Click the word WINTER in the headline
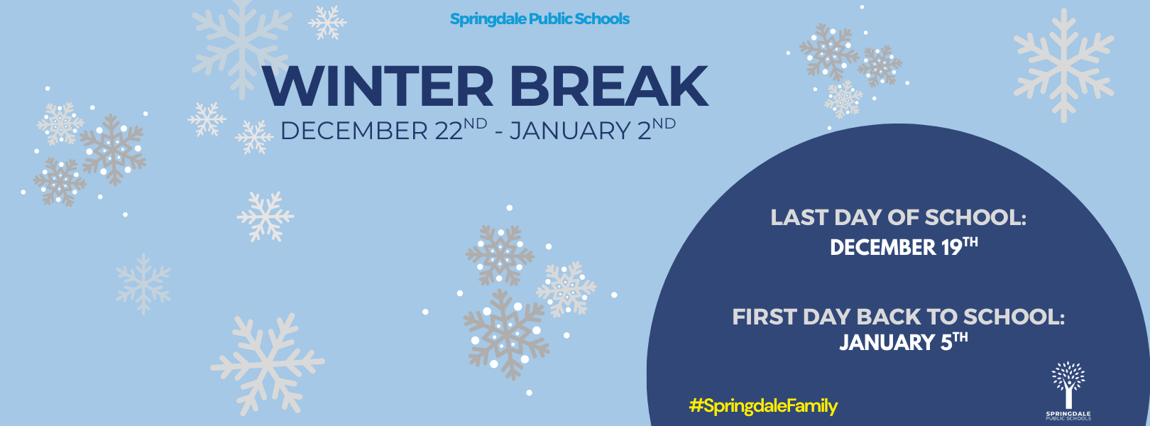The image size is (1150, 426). coord(378,86)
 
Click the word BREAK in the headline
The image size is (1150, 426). coord(609,86)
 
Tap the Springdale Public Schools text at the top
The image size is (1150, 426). coord(540,19)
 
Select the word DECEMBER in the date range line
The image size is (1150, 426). coord(354,131)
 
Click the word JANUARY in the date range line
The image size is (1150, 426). coord(570,131)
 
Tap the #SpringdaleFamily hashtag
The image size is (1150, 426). coord(763,406)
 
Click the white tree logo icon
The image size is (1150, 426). coord(1068,384)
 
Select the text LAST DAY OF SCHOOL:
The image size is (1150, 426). coord(898,218)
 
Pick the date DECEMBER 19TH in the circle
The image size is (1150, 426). coord(904,246)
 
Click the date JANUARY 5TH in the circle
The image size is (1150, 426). coord(904,342)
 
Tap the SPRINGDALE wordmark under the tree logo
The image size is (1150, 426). coord(1068,414)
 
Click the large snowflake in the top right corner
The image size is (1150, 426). coord(1063,66)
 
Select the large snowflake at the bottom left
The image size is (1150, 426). coord(268,364)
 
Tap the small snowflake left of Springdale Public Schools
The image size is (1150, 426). coord(327,23)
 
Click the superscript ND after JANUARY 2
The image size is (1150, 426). coord(664,124)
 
